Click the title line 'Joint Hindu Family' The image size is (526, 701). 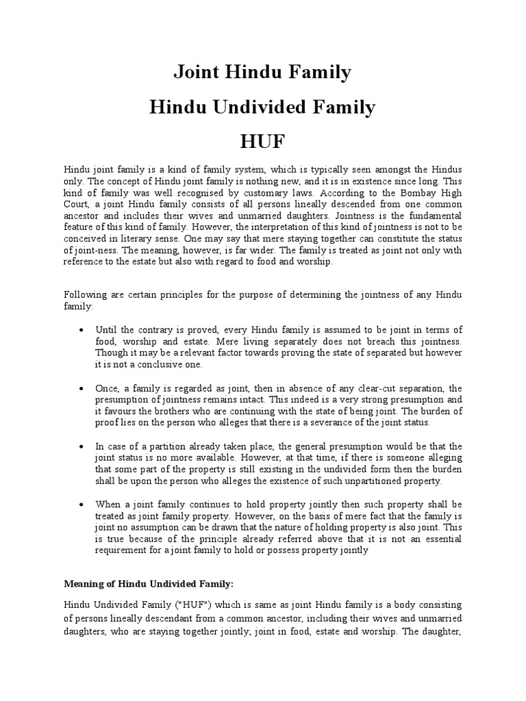[x=263, y=72]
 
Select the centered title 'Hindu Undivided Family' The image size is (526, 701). [x=263, y=107]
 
